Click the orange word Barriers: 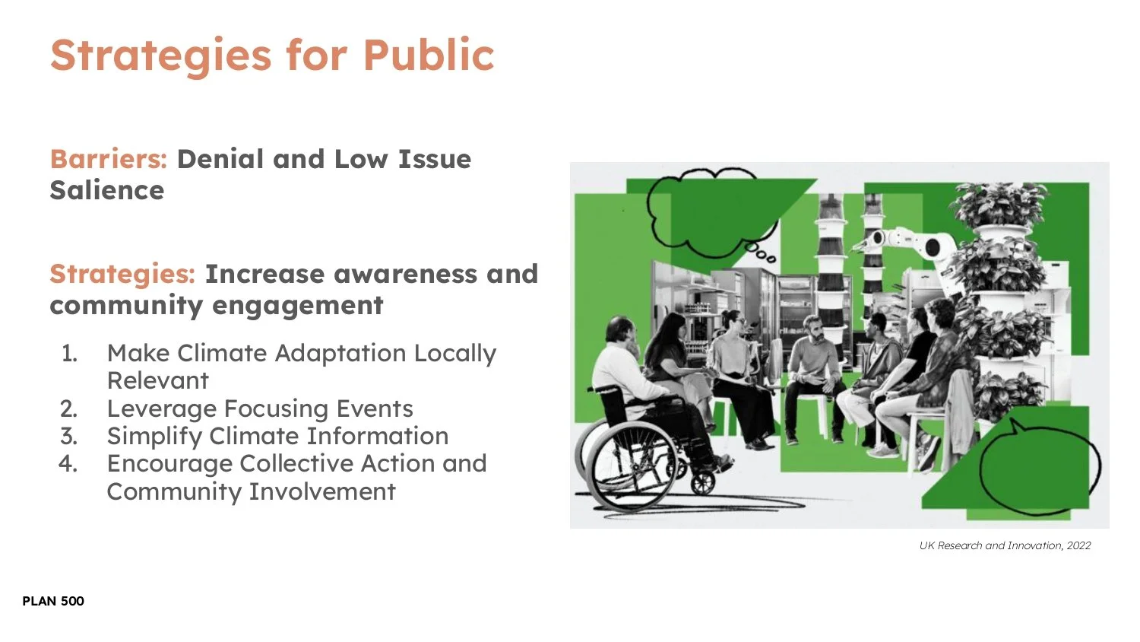click(108, 159)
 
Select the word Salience click(106, 190)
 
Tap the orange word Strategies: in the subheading click(122, 274)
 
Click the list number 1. click(69, 354)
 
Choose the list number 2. click(68, 409)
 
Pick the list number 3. click(68, 437)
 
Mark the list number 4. click(68, 464)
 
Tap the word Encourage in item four click(169, 464)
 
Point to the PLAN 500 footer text click(53, 601)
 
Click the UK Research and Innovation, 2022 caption click(1005, 545)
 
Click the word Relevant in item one click(157, 381)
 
